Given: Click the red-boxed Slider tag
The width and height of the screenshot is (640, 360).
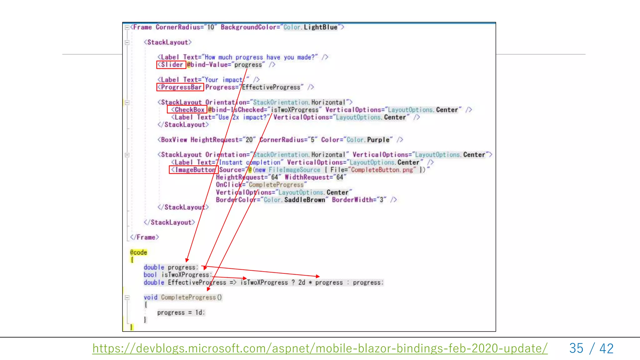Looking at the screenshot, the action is tap(171, 65).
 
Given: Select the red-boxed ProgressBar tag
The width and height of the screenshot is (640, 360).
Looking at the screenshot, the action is tap(180, 87).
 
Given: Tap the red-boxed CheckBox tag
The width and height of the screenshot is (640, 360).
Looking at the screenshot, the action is tap(187, 110).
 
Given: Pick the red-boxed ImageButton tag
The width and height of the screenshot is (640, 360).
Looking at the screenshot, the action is tap(194, 170).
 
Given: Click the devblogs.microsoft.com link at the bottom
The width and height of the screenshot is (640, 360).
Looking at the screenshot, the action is tap(320, 348).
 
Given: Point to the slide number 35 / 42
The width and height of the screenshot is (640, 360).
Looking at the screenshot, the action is tap(591, 348).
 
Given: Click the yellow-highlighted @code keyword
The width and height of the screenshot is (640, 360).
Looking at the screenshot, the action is tap(138, 252).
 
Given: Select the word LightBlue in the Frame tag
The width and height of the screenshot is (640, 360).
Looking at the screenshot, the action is tap(320, 27).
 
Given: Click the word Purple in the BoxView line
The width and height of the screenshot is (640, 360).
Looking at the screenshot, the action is tap(378, 140).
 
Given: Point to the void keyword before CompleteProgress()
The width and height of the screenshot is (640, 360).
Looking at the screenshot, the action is tap(150, 297).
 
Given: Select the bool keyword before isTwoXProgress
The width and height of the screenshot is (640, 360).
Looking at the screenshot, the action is tap(150, 275).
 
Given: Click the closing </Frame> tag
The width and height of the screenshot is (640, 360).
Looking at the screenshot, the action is tap(144, 237).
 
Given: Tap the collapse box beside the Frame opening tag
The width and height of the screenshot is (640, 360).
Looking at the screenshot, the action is tap(127, 27).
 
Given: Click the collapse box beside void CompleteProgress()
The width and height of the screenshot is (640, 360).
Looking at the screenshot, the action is tap(127, 297).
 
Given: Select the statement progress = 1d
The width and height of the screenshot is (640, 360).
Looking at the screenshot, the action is tap(181, 312).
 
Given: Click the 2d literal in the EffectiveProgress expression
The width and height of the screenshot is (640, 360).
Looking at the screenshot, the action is tap(302, 282).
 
